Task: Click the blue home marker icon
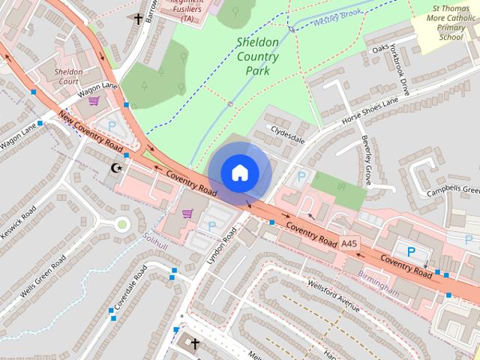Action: tap(240, 172)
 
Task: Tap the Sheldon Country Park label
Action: tap(257, 56)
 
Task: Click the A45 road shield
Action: tap(349, 244)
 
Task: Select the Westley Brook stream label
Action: tap(337, 16)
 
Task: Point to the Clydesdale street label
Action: tap(289, 134)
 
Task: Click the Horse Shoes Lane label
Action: tap(370, 111)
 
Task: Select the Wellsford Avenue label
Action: tap(333, 293)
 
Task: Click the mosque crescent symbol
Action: tap(115, 167)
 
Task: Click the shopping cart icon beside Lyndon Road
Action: tap(187, 214)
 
